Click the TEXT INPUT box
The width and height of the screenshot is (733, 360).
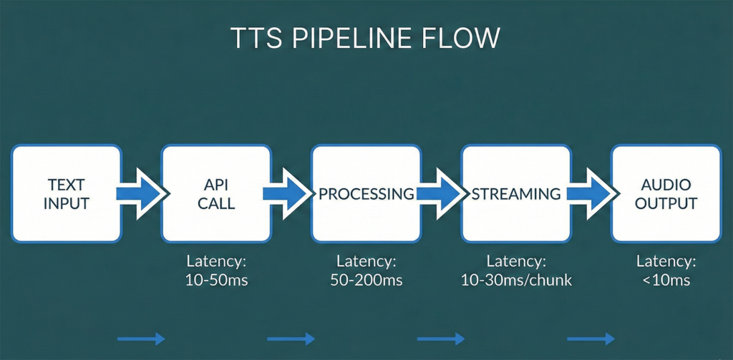point(67,193)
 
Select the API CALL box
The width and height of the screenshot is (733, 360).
point(216,193)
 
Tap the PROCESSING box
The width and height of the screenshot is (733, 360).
point(366,193)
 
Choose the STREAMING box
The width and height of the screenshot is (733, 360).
point(515,193)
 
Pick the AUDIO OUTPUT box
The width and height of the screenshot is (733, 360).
point(666,193)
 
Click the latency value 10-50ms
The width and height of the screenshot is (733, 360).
point(216,280)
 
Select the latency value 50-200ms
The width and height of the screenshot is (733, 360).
point(366,280)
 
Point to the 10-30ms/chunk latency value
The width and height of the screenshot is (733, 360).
point(516,280)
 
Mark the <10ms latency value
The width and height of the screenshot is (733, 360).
point(666,280)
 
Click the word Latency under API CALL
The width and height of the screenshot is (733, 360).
point(216,261)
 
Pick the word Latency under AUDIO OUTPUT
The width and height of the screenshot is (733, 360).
point(666,261)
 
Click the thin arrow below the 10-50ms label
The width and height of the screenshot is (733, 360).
point(141,339)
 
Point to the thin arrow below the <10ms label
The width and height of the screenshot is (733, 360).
point(591,339)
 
